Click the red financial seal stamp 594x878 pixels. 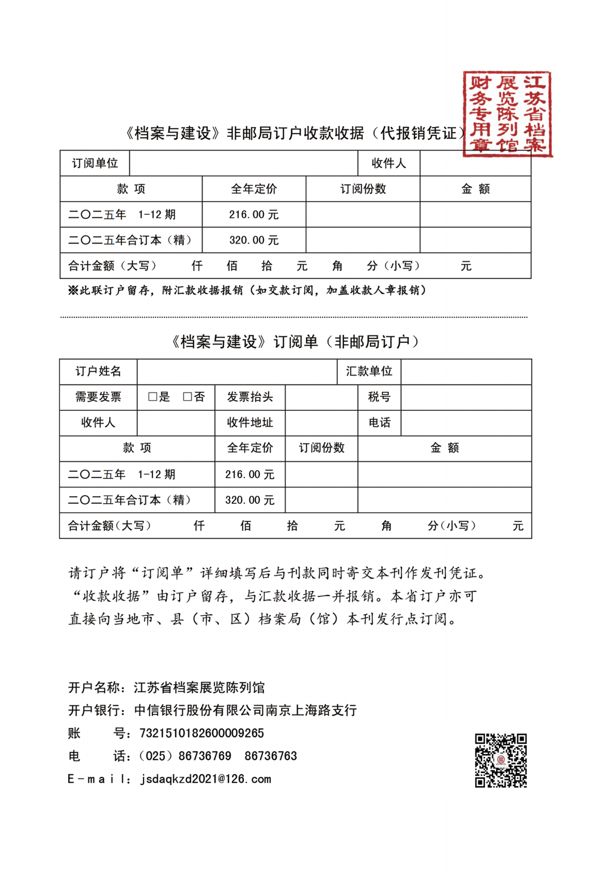coord(507,114)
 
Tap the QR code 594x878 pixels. coord(501,760)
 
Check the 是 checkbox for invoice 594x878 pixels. coord(152,396)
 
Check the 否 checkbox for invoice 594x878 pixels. coord(187,396)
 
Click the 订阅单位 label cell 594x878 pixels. coord(95,164)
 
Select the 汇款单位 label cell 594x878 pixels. coord(369,371)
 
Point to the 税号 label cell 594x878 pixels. coord(379,396)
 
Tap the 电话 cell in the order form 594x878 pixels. coord(379,422)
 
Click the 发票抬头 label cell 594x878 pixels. coord(250,396)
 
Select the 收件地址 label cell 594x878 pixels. coord(250,422)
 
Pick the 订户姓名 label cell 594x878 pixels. coord(98,371)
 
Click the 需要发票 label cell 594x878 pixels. coord(98,396)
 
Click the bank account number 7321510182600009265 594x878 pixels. coord(201,733)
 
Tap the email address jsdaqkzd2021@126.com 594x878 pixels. coord(206,779)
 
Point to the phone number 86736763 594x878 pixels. coord(271,756)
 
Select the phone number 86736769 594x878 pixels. coord(205,756)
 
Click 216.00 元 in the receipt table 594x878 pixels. coord(254,215)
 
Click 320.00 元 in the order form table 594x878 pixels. coord(249,500)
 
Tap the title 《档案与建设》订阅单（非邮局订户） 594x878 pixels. coord(295,342)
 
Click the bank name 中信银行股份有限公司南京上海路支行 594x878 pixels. coord(245,710)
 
